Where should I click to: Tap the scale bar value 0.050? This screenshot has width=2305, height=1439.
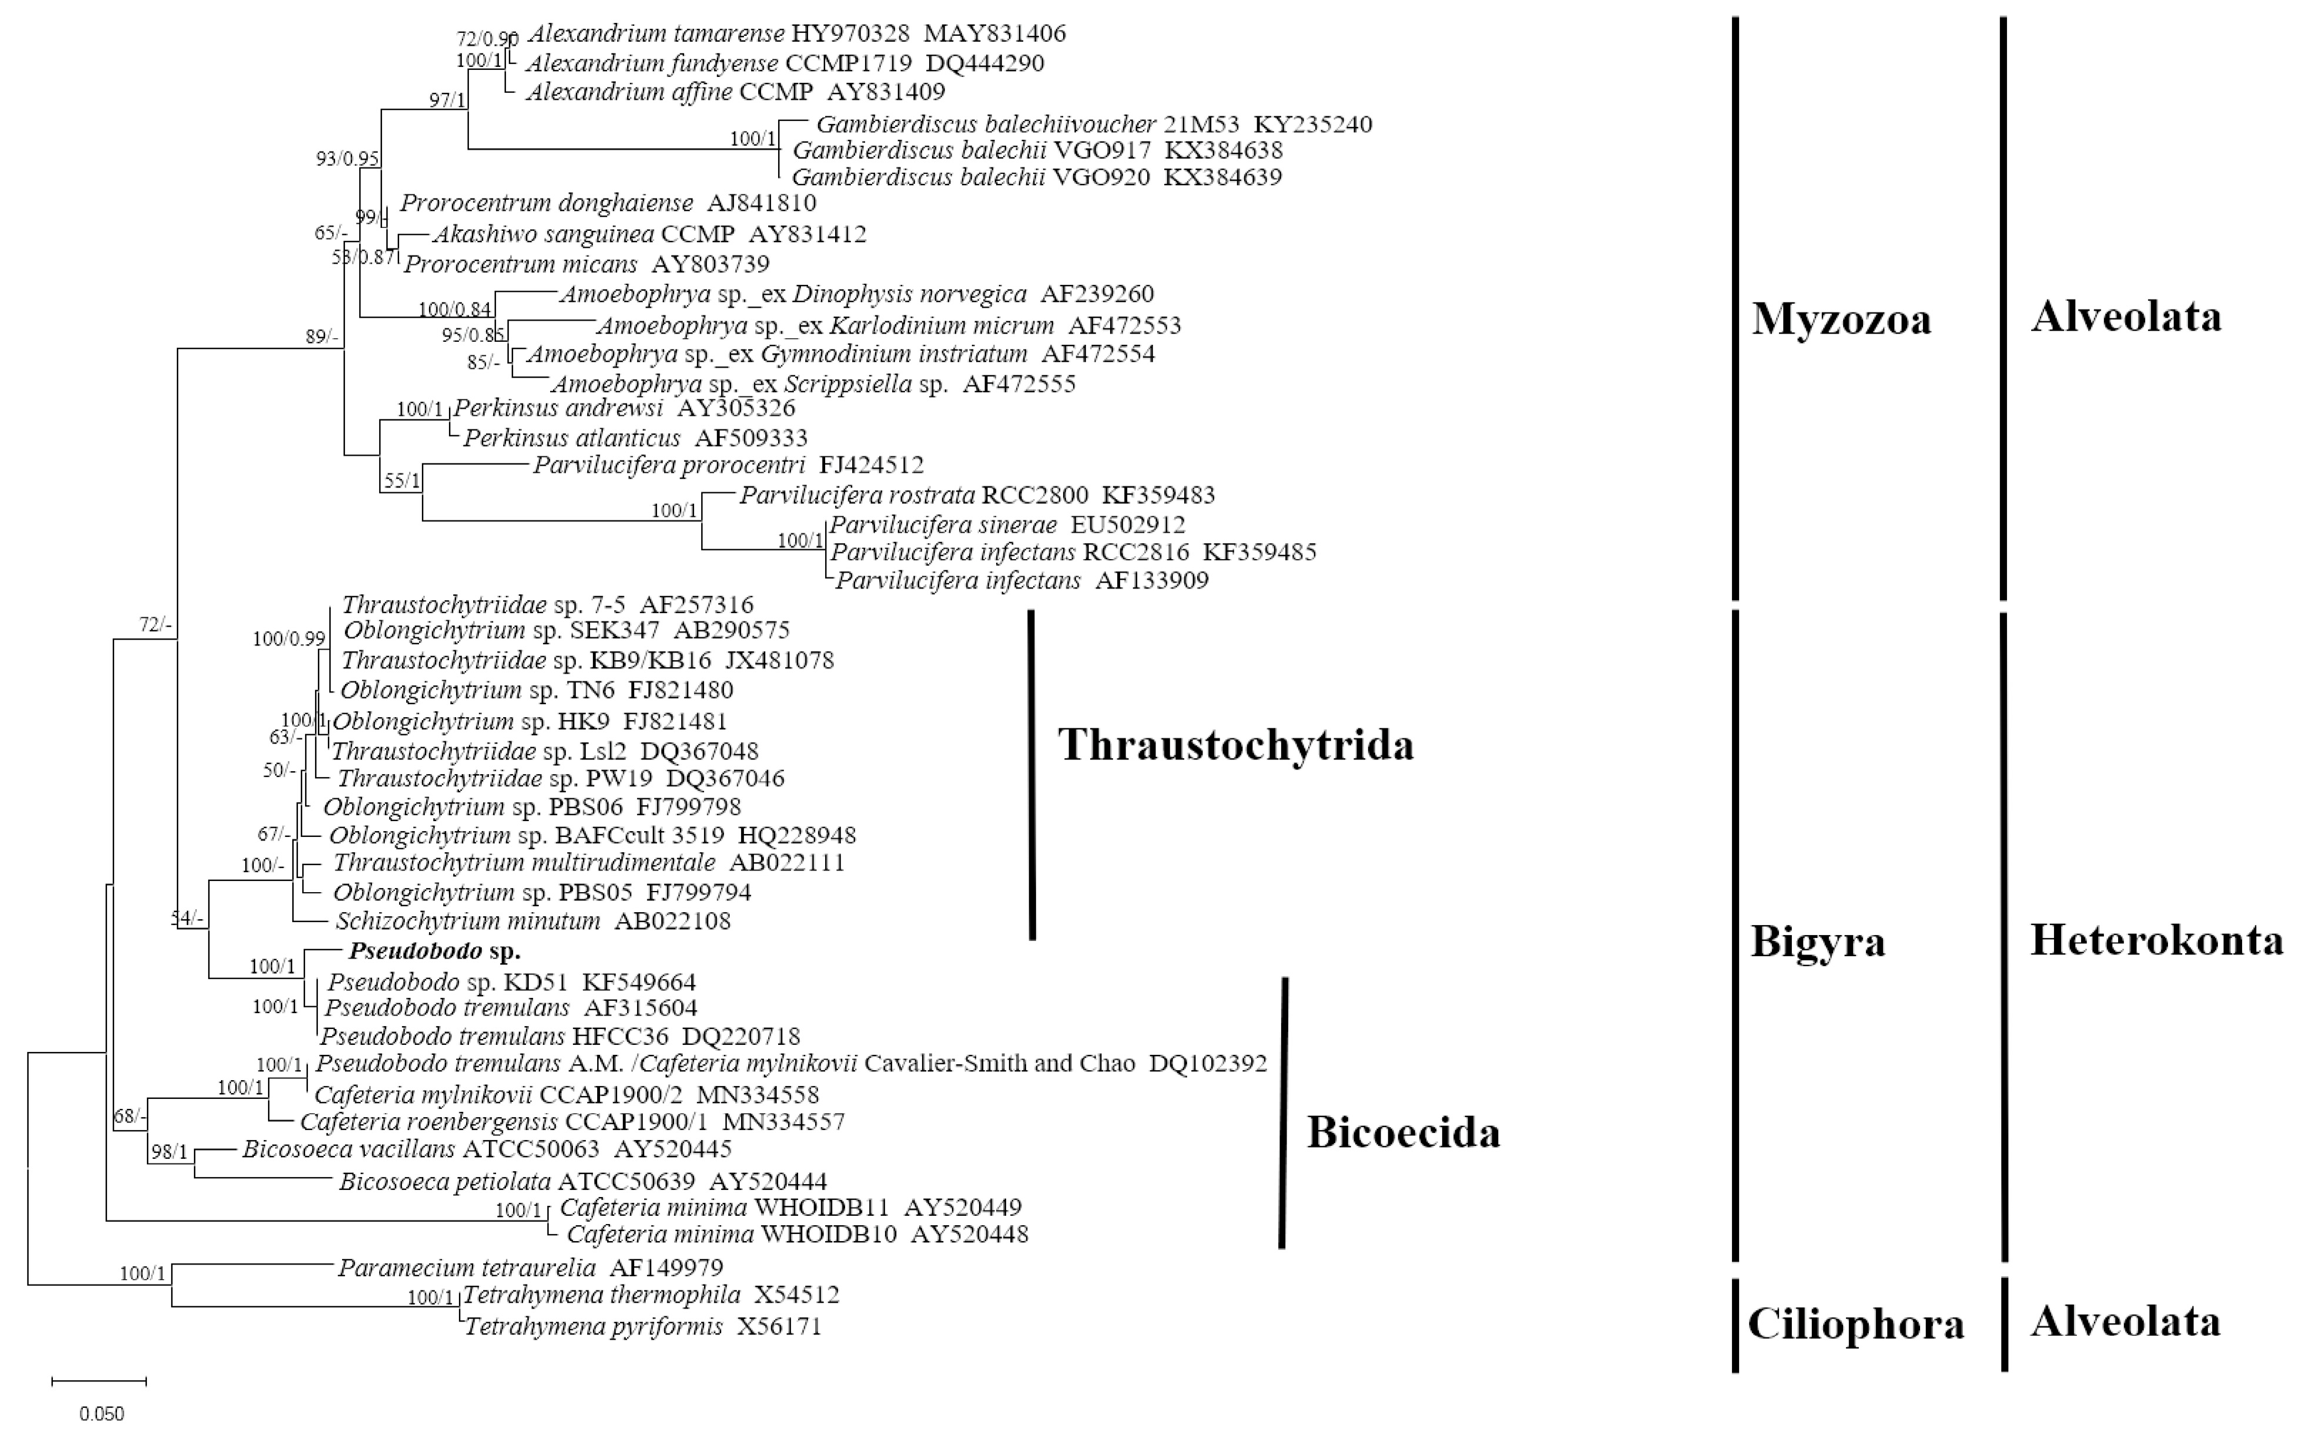coord(101,1413)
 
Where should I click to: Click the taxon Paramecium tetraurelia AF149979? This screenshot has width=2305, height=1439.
coord(530,1267)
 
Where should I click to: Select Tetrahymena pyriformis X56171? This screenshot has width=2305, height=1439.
coord(642,1326)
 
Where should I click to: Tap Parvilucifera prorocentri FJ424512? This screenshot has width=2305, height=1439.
coord(728,465)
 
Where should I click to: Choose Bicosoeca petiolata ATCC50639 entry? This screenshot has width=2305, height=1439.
coord(582,1182)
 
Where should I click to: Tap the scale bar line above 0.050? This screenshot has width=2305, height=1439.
coord(98,1380)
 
